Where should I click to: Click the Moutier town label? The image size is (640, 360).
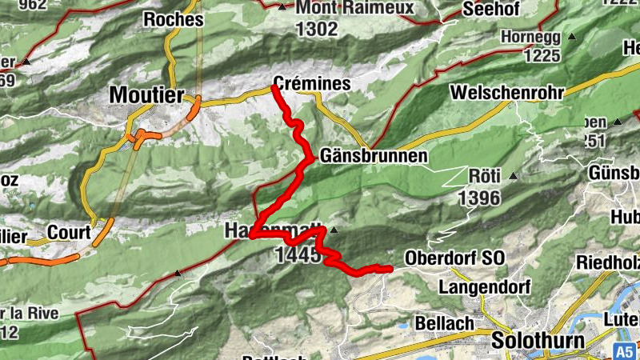click(x=146, y=94)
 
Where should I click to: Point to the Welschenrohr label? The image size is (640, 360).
click(x=507, y=92)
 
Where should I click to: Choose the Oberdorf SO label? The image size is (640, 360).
click(x=455, y=258)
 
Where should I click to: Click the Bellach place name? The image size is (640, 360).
click(x=438, y=323)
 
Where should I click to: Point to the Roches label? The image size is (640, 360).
click(x=173, y=19)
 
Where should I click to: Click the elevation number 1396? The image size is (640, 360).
click(x=479, y=197)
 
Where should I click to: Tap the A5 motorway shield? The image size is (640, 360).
click(x=625, y=351)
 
